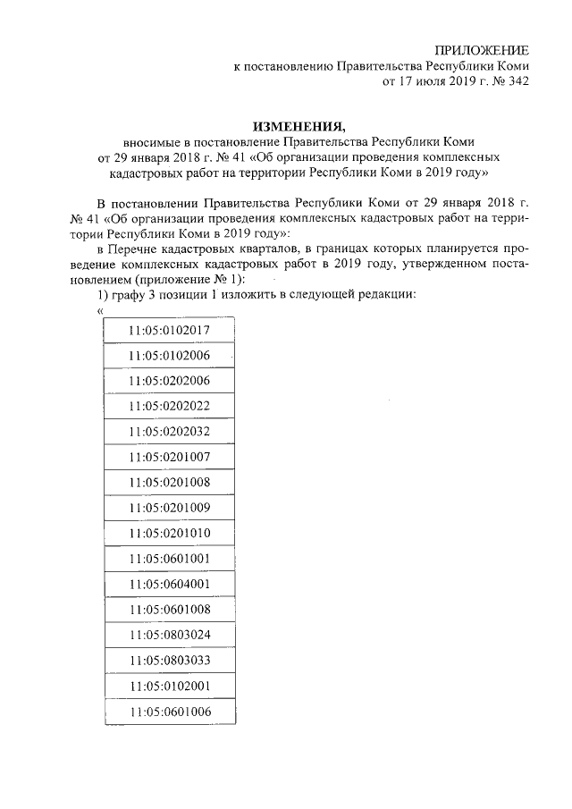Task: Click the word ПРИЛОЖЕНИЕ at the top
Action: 481,49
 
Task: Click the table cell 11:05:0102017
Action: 169,330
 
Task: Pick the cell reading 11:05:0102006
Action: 169,355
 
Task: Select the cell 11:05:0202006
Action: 169,380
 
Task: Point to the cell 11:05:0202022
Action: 169,406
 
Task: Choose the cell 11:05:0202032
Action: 169,431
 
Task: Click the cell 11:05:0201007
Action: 169,457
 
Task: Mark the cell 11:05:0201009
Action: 169,508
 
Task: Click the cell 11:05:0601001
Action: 169,559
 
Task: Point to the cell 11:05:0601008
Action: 169,610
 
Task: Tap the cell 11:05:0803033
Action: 169,661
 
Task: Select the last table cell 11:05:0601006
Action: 169,712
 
